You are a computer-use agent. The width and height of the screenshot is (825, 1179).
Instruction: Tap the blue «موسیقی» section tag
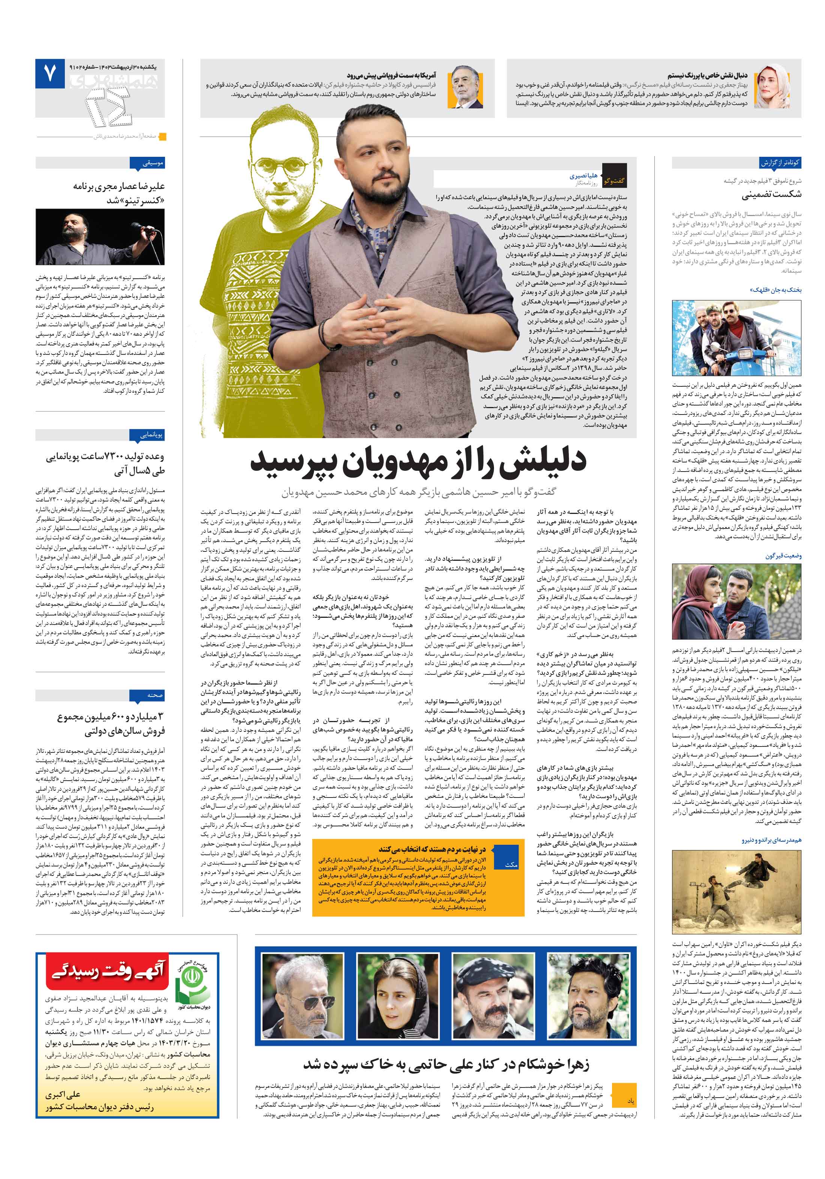(x=153, y=163)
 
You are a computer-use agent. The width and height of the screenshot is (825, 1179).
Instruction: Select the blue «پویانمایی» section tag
(x=152, y=434)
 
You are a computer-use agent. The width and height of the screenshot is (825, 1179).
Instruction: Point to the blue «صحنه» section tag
(x=154, y=695)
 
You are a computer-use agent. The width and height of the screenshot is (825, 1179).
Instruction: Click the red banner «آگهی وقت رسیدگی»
(x=108, y=972)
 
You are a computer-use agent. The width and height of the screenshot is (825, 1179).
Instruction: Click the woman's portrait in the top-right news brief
(x=772, y=87)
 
